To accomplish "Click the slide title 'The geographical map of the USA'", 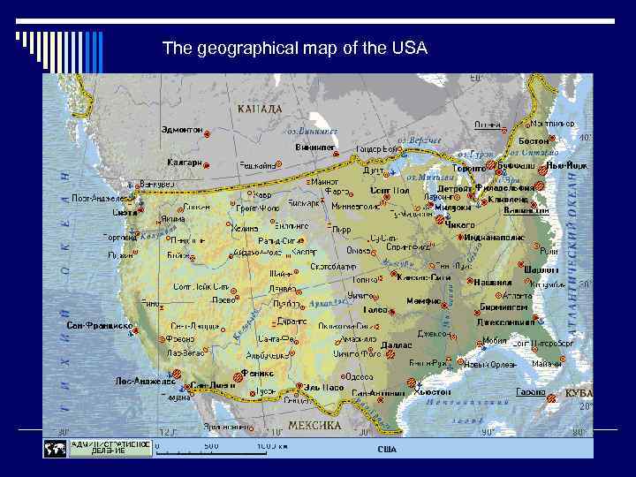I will coord(295,49).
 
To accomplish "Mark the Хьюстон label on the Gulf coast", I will coord(433,390).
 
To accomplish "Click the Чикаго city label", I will coord(459,225).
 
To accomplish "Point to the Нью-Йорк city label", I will coord(566,165).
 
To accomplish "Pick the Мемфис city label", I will coord(423,301).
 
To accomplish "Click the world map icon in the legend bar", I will coord(54,449).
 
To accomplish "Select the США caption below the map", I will coord(387,450).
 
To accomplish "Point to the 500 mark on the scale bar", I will coord(211,446).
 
